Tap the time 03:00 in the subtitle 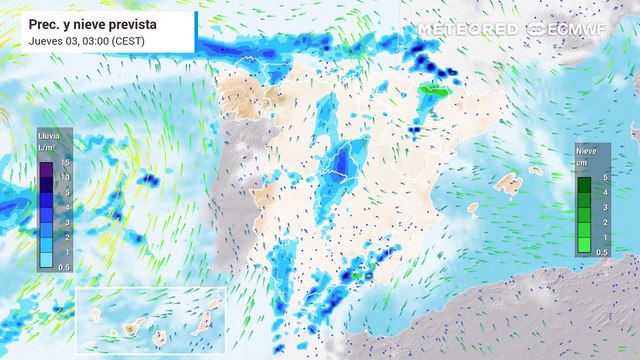tap(93, 39)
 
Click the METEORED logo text tap(467, 30)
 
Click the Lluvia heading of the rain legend tap(47, 136)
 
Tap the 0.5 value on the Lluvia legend tap(63, 266)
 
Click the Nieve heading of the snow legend tap(586, 150)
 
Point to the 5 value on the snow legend tap(601, 176)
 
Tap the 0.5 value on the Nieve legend tap(601, 252)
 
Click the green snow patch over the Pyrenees tap(432, 91)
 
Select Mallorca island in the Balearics tap(509, 184)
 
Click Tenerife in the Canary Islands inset tap(129, 329)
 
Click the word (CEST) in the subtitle tap(129, 39)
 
